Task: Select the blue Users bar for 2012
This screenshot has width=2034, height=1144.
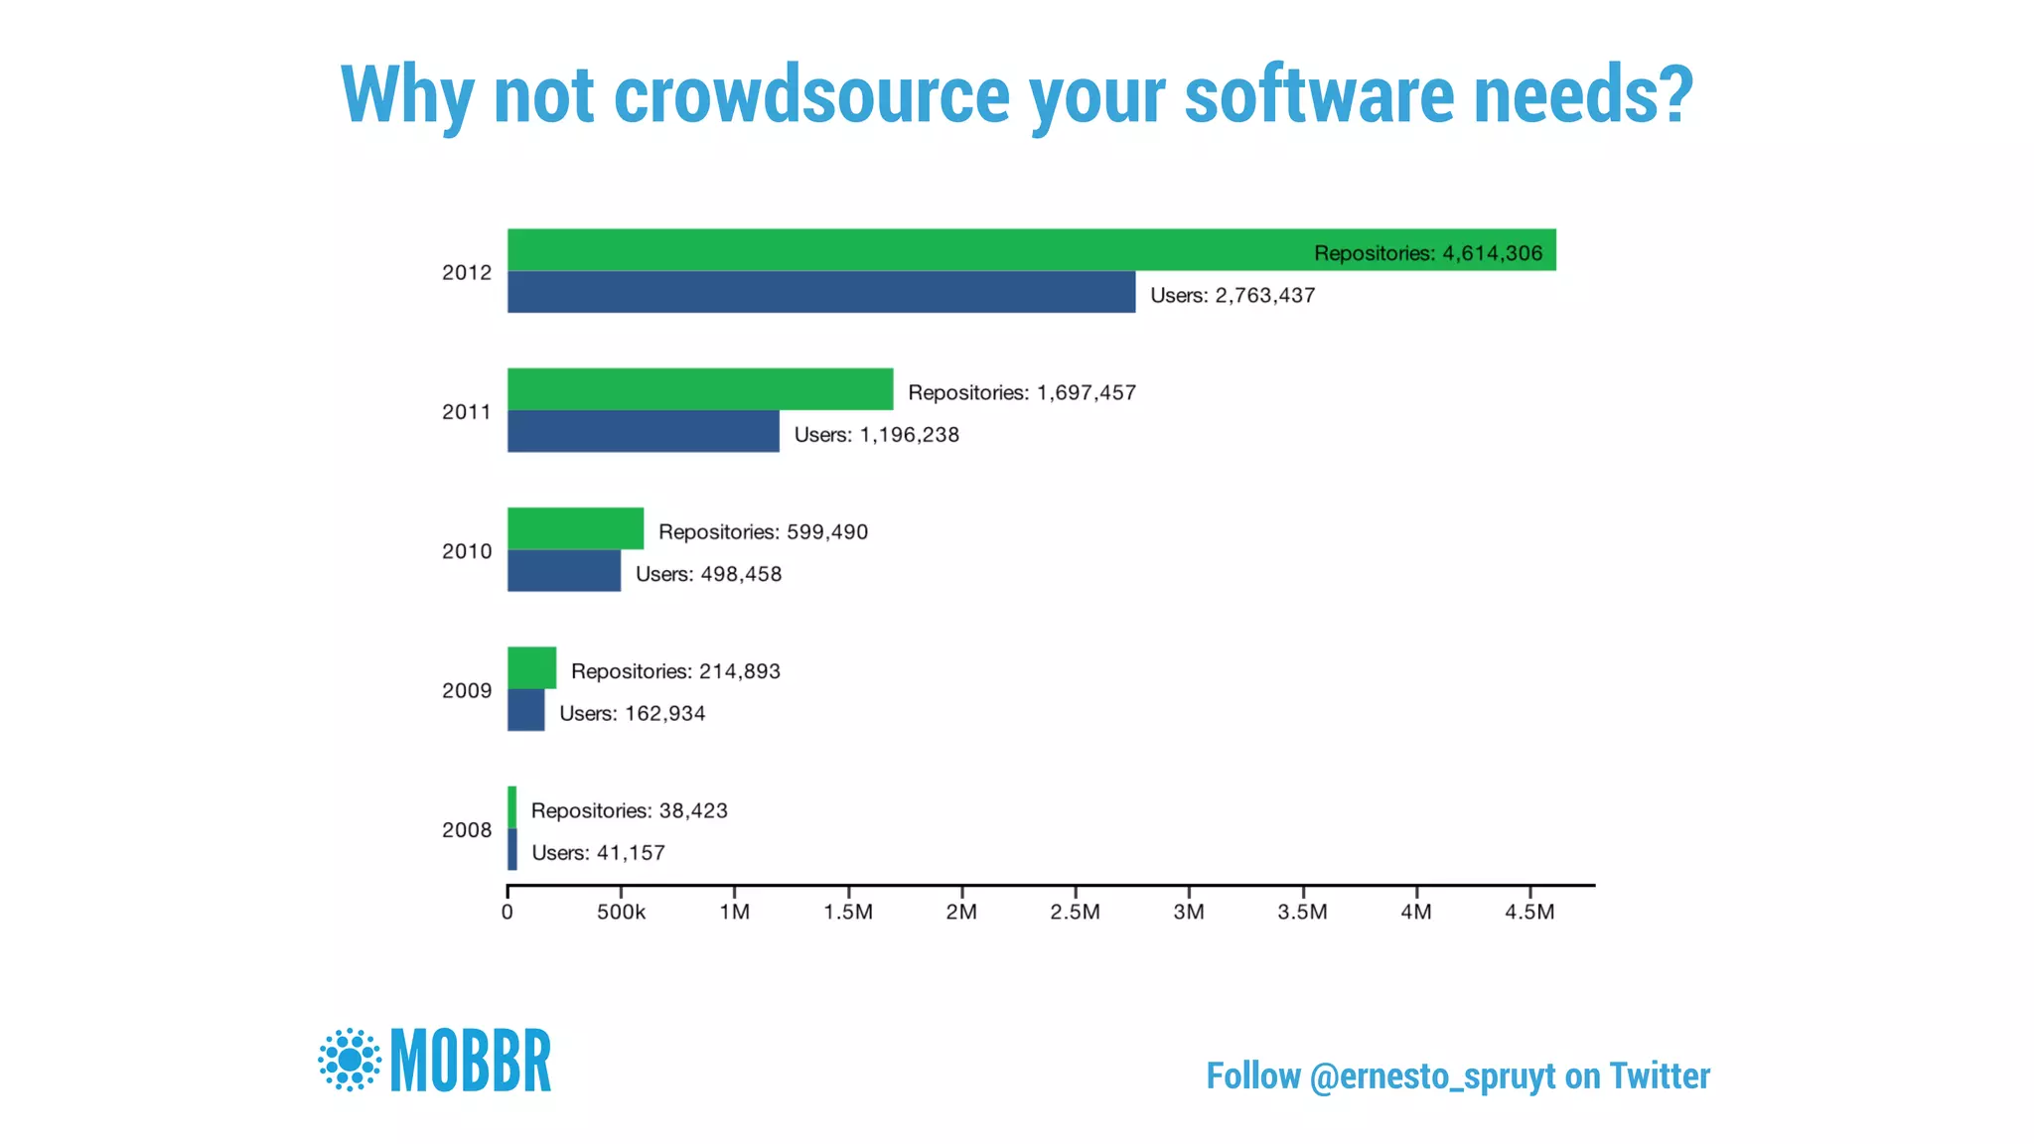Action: tap(821, 292)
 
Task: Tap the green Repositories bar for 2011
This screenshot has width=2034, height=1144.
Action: tap(700, 389)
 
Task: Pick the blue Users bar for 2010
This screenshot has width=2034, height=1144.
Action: tap(564, 571)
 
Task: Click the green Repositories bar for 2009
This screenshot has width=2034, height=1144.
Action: tap(531, 667)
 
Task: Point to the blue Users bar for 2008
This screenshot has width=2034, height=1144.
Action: tap(512, 850)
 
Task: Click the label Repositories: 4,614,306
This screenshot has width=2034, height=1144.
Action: tap(1427, 253)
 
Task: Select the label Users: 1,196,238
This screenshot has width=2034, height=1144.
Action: tap(876, 435)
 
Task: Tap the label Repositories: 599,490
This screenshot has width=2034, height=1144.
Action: tap(763, 532)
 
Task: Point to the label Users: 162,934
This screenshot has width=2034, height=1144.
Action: tap(632, 713)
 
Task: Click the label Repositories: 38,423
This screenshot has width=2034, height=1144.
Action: tap(629, 810)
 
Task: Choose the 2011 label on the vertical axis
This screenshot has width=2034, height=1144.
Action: tap(466, 411)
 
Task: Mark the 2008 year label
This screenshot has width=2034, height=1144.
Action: tap(466, 830)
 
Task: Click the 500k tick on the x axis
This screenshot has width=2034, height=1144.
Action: tap(621, 912)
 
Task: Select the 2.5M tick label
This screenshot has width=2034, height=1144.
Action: tap(1075, 912)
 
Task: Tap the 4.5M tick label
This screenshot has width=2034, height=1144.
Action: tap(1529, 912)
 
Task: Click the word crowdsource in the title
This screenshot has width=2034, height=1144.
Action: tap(811, 95)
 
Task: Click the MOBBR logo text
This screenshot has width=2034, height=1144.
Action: tap(471, 1061)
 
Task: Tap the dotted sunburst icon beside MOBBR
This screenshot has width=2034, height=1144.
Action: tap(350, 1060)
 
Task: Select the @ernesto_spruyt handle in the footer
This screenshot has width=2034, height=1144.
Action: tap(1432, 1076)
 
